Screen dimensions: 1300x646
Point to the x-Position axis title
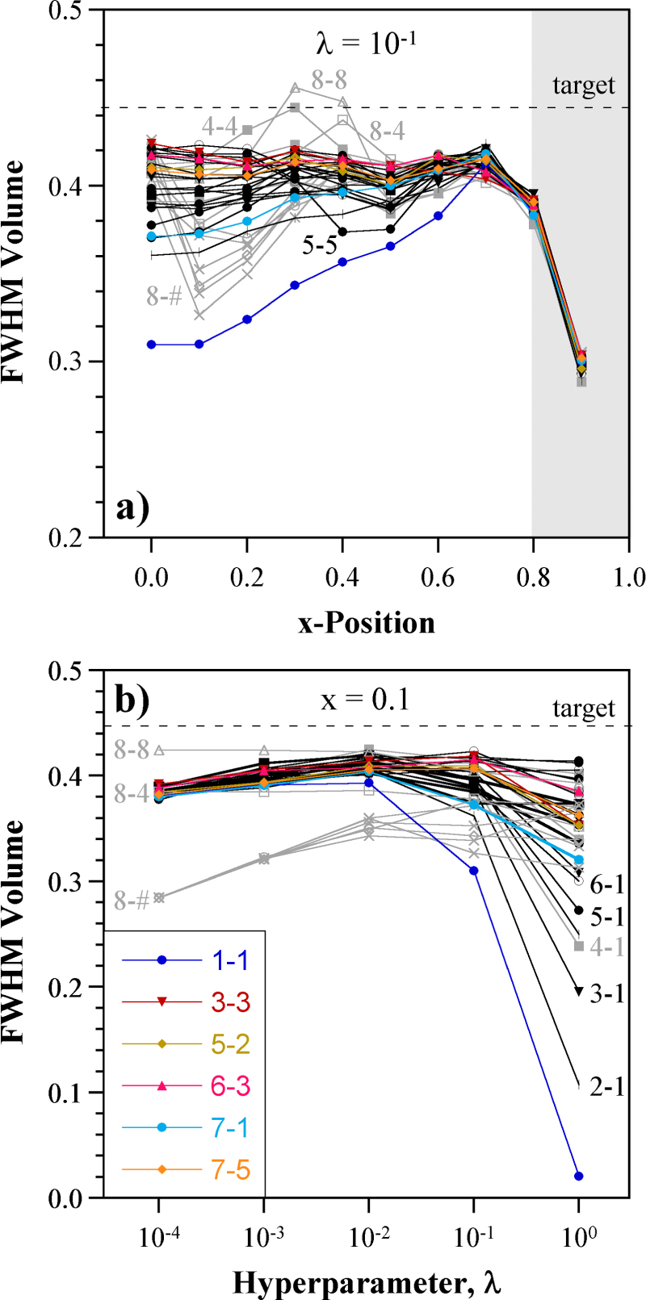pyautogui.click(x=366, y=622)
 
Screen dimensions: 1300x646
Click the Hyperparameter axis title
pyautogui.click(x=367, y=1281)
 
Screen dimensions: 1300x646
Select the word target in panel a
pyautogui.click(x=583, y=85)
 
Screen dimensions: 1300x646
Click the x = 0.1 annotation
pyautogui.click(x=366, y=700)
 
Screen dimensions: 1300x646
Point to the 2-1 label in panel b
pyautogui.click(x=606, y=1087)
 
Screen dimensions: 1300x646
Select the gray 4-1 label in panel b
pyautogui.click(x=606, y=947)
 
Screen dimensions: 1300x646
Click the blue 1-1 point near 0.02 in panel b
pyautogui.click(x=578, y=1176)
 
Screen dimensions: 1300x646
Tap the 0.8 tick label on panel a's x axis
pyautogui.click(x=532, y=577)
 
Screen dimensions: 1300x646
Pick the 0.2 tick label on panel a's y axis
pyautogui.click(x=73, y=537)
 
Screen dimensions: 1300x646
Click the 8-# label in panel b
pyautogui.click(x=131, y=901)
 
